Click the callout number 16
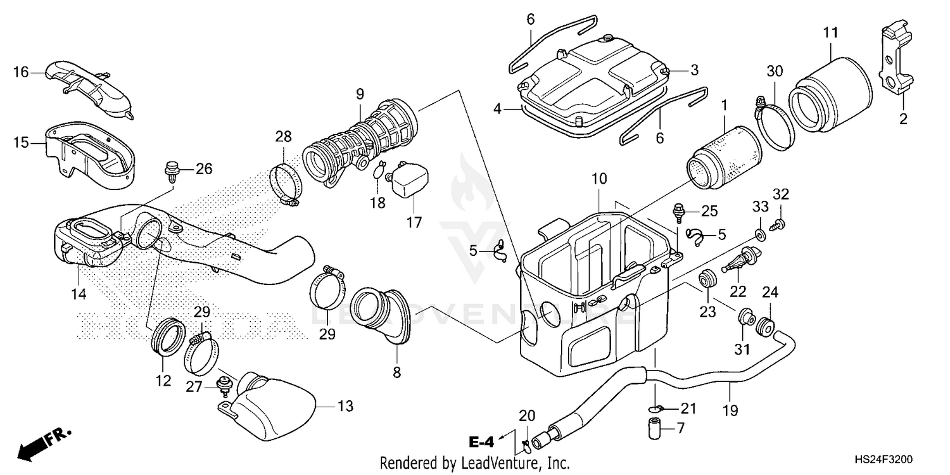21,72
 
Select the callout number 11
831,32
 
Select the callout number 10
599,179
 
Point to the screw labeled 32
778,222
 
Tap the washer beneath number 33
759,235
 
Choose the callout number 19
730,410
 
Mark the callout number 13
345,405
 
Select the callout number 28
283,136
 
